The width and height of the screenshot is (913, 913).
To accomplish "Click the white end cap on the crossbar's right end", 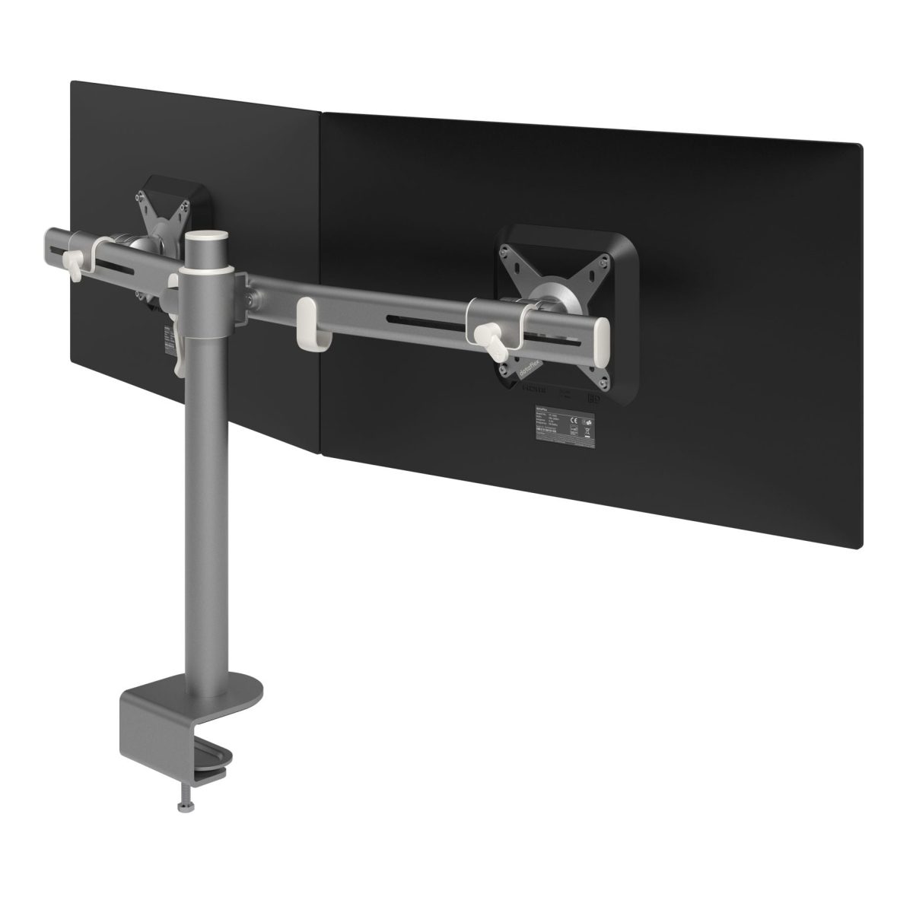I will [599, 332].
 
